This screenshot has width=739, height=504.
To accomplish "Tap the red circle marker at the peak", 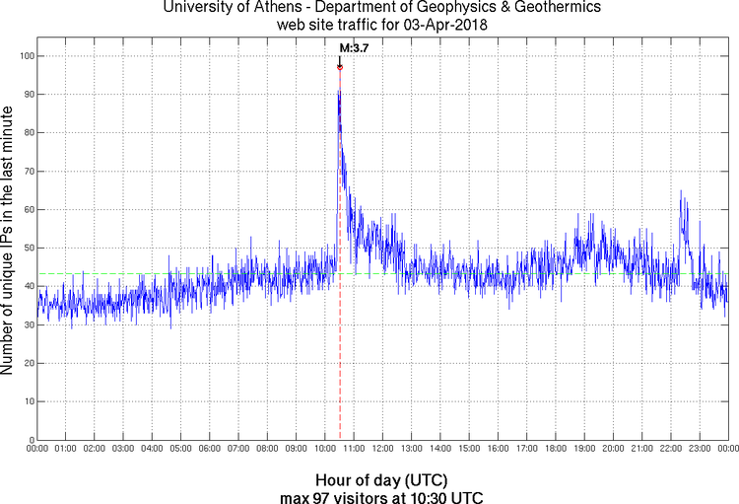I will point(340,67).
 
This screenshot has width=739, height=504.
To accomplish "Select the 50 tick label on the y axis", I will point(27,249).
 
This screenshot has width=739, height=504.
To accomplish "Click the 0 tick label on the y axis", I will point(30,440).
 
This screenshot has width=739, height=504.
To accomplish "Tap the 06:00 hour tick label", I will point(210,450).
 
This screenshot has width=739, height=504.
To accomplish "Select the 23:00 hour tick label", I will point(700,450).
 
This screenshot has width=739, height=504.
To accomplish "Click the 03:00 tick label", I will point(124,450).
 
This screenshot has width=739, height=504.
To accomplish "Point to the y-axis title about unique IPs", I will point(9,243).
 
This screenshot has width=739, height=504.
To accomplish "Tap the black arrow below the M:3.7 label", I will point(340,59).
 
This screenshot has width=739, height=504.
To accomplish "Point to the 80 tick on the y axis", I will point(27,133).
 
